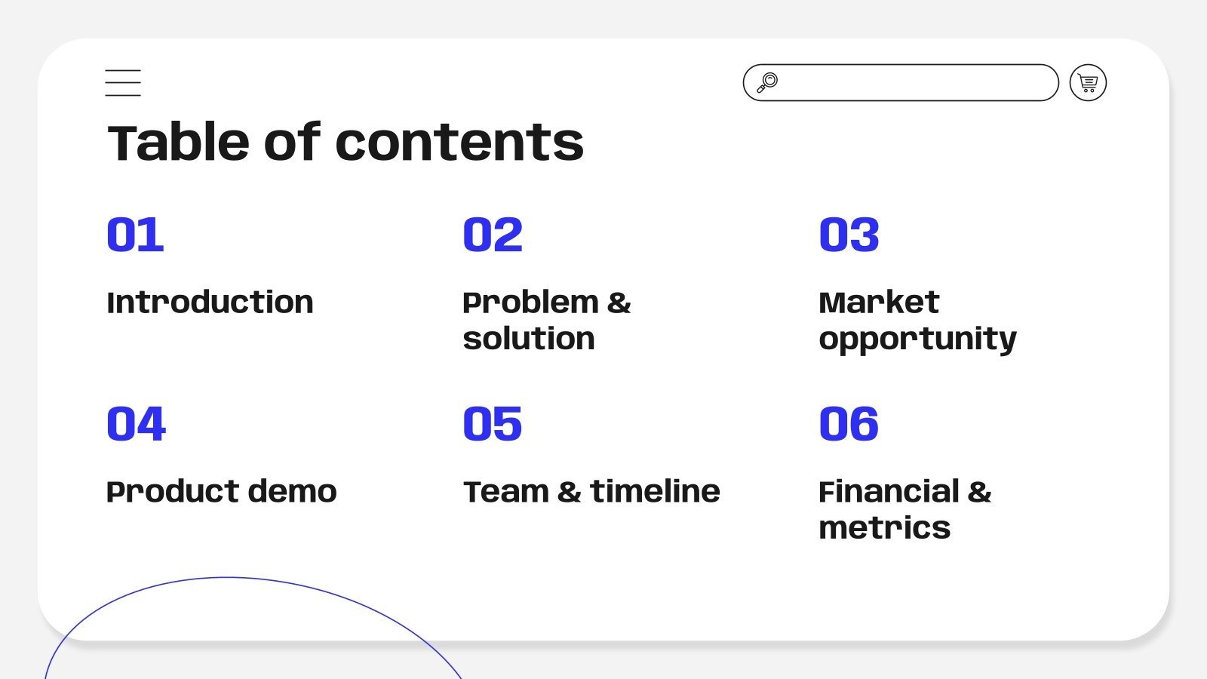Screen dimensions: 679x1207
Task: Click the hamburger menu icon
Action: [123, 83]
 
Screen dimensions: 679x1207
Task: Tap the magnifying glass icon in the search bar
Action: [767, 82]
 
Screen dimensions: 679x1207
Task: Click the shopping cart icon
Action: [1088, 83]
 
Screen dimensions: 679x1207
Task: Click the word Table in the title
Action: [178, 143]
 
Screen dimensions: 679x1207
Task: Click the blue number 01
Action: [135, 235]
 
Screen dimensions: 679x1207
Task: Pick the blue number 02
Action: [493, 235]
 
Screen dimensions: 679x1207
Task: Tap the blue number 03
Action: [849, 235]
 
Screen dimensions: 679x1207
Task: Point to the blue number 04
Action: [136, 424]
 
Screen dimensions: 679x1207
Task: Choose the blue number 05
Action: [493, 424]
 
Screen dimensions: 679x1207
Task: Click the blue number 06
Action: [849, 424]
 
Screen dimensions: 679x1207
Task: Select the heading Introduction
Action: [210, 303]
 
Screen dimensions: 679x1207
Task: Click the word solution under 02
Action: [529, 339]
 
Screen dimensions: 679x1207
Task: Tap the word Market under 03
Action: [879, 303]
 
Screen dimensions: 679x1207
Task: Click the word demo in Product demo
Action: [292, 492]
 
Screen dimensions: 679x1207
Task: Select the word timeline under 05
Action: [655, 492]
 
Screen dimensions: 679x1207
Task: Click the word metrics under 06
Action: [884, 528]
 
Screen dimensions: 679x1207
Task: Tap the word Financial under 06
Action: [889, 492]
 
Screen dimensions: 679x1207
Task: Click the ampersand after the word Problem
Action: [619, 303]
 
